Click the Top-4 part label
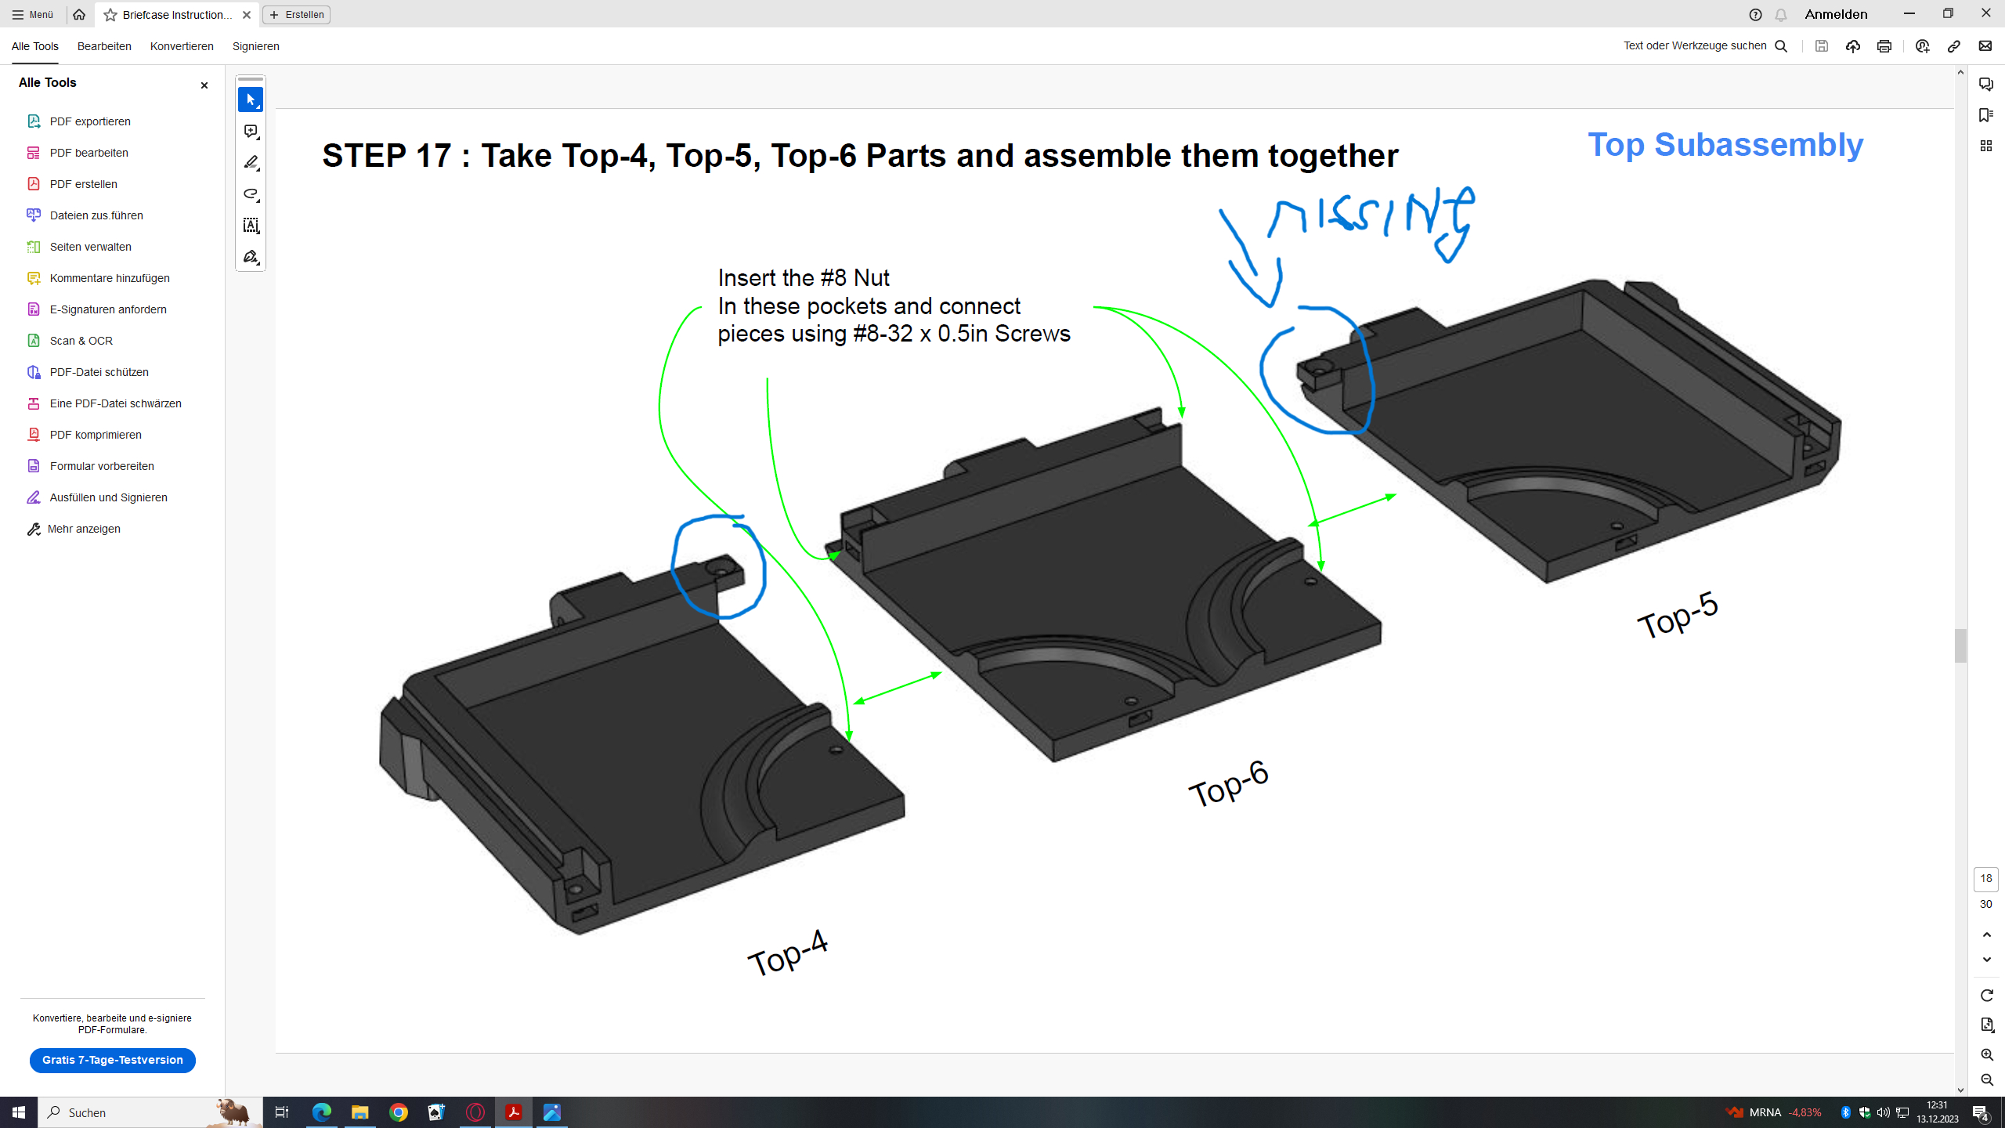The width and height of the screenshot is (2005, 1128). pos(788,953)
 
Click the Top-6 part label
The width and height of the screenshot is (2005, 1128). pos(1228,783)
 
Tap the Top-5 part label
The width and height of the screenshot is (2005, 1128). pos(1678,616)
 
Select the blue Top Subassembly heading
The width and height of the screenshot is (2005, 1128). pos(1725,145)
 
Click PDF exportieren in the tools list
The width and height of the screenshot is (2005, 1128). pos(90,121)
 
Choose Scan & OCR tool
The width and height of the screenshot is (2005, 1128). pos(81,341)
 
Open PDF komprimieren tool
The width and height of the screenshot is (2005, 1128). pos(96,435)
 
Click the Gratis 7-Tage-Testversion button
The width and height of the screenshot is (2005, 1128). pos(113,1060)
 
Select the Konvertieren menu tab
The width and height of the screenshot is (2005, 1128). pos(182,46)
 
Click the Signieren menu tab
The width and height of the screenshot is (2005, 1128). pos(256,46)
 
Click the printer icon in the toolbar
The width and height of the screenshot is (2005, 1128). pos(1884,46)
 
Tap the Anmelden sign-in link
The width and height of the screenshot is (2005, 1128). pos(1836,14)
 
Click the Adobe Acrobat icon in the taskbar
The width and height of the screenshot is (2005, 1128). pos(514,1112)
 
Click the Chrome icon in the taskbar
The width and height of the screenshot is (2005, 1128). pos(399,1112)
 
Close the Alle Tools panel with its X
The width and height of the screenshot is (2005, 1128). pos(204,85)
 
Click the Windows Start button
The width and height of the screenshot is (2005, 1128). pos(19,1112)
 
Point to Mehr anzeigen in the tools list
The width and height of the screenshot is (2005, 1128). pos(84,529)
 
